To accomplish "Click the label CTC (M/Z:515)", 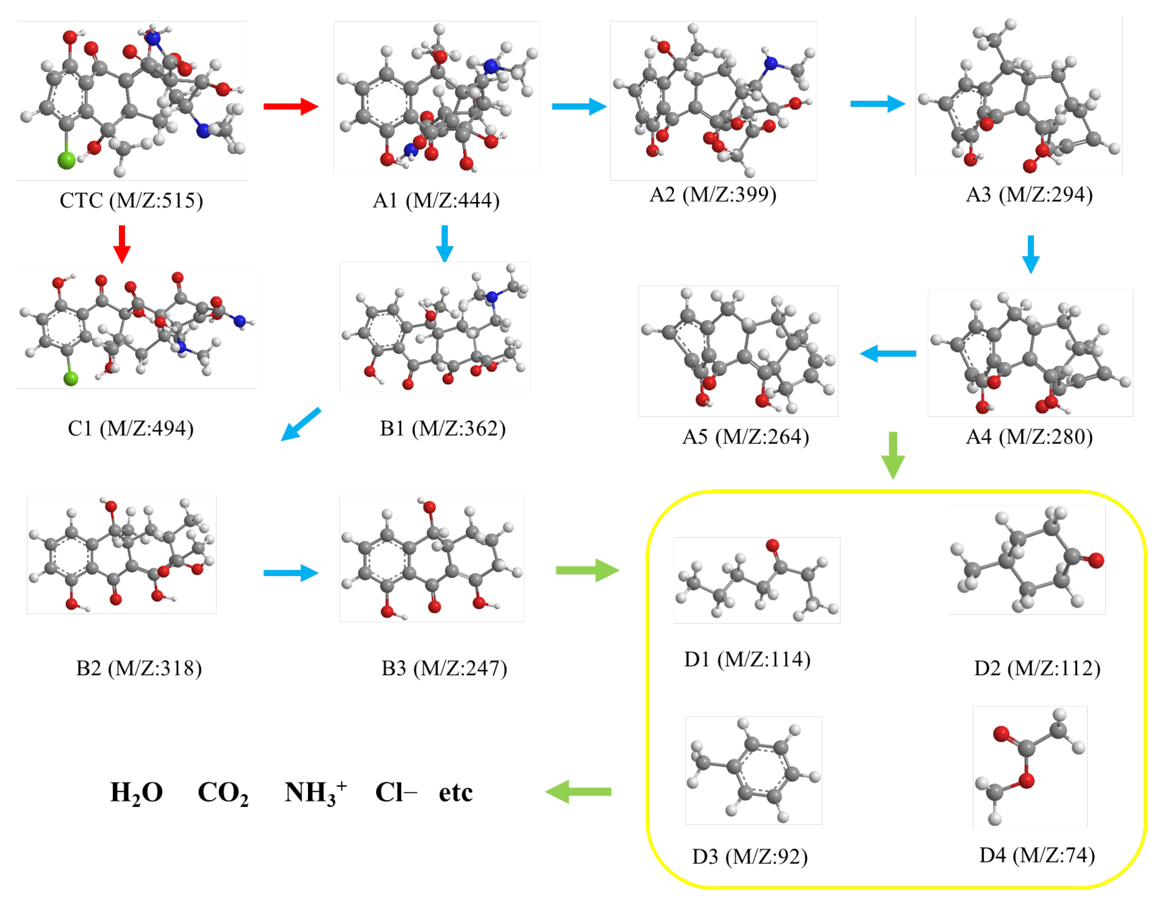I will (x=131, y=201).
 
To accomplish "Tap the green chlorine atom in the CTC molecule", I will (x=67, y=160).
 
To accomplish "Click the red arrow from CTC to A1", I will (x=291, y=106).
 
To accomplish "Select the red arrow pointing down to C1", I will (x=122, y=244).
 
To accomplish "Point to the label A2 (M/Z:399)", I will (x=713, y=194).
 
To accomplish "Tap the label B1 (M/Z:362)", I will (x=443, y=428).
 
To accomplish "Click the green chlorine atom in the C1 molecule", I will (x=70, y=379).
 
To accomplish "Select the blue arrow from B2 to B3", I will (x=291, y=573).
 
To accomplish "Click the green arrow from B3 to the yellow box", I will (x=587, y=571).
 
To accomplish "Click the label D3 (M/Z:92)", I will (x=750, y=857).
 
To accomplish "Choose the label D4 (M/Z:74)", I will (x=1037, y=855).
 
